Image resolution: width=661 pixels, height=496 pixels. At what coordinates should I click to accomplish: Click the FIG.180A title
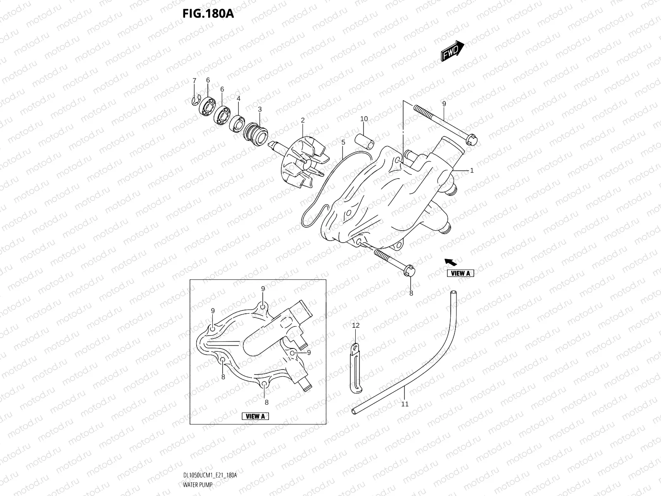pos(208,14)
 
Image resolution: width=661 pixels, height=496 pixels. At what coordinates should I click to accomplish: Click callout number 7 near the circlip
pos(194,80)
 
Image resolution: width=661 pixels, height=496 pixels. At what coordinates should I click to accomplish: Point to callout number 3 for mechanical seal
pos(260,109)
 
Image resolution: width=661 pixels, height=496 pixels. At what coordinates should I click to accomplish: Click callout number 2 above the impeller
pos(303,120)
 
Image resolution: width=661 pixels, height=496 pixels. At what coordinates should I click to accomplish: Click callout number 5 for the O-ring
pos(343,142)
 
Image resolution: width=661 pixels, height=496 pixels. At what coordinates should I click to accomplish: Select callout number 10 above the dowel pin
pos(364,119)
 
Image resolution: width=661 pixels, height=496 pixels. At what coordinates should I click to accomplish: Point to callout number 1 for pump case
pos(472,170)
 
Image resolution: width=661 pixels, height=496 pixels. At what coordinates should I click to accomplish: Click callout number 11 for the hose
pos(405,404)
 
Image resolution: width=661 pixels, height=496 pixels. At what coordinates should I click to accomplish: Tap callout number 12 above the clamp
pos(356,326)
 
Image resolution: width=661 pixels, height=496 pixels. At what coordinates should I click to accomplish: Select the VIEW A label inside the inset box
pos(255,416)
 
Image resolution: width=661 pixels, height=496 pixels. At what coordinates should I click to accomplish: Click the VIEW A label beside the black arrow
pos(461,273)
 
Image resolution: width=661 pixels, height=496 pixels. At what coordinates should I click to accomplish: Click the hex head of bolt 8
pos(410,271)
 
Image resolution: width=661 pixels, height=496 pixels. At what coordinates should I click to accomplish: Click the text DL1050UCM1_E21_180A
pos(209,475)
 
